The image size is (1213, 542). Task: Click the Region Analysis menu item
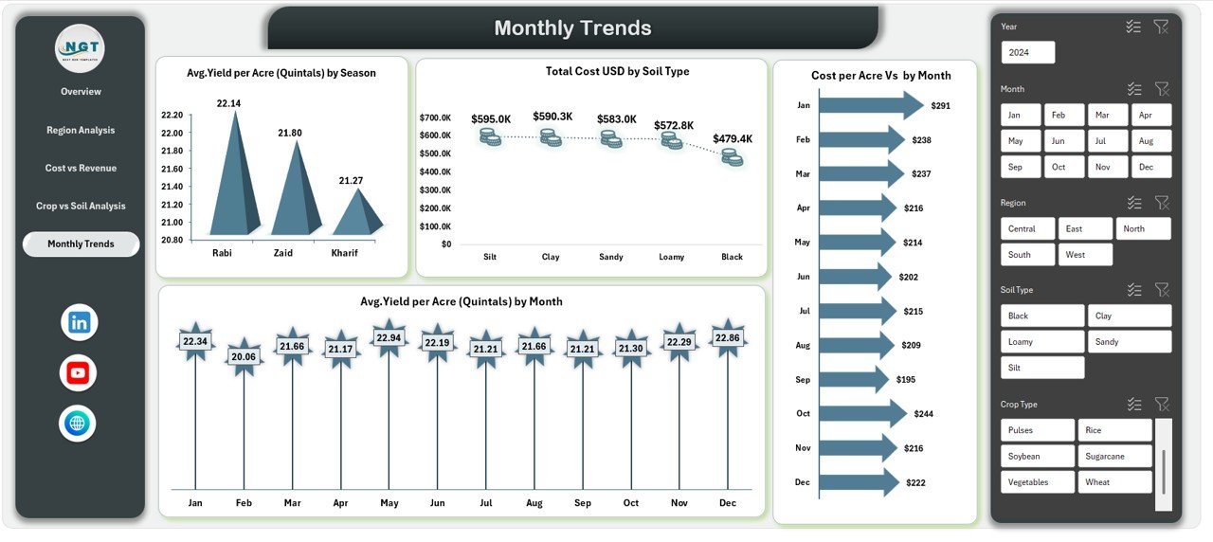(x=81, y=130)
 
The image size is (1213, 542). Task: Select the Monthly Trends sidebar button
(x=81, y=244)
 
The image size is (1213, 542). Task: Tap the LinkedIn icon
(x=79, y=323)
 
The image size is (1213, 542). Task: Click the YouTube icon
(x=79, y=373)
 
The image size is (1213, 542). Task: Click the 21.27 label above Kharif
(x=350, y=180)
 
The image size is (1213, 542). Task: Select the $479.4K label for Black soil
(x=732, y=139)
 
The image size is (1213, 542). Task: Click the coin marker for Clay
(x=551, y=138)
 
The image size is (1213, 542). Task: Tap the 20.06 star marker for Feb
(x=244, y=356)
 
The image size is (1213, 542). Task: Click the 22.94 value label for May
(x=389, y=338)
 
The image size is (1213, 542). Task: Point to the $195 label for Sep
(x=906, y=379)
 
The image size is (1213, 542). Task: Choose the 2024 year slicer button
(x=1027, y=52)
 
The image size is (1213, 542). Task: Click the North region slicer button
(x=1142, y=228)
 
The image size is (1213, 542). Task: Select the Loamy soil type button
(x=1041, y=341)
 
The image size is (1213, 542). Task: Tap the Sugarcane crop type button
(x=1114, y=456)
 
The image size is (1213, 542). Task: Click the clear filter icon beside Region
(x=1162, y=203)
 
